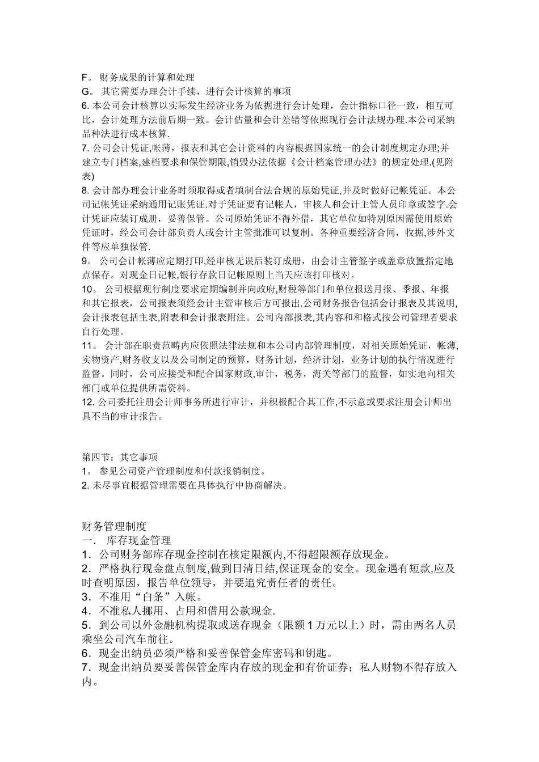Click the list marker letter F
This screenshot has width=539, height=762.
pos(85,78)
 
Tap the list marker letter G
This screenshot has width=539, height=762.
pos(86,92)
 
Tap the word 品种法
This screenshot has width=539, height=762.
pos(96,133)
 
